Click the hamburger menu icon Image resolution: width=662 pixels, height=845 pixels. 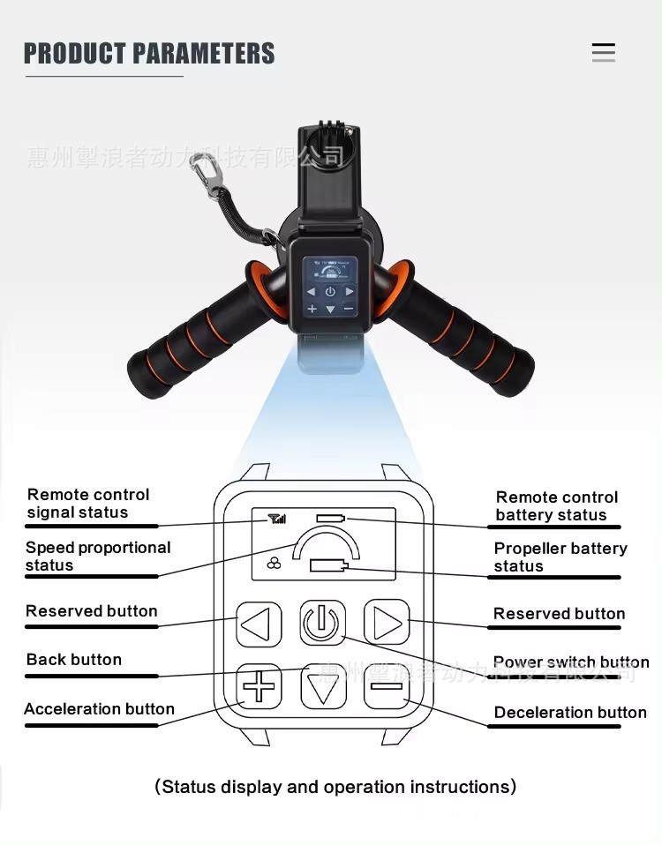[604, 53]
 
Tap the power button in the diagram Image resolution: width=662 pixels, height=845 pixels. [322, 624]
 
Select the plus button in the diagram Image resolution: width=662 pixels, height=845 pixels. [259, 686]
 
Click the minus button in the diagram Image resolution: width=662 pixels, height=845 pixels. [387, 686]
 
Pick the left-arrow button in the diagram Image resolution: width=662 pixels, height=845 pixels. [258, 624]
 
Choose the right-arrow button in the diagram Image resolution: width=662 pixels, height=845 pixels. [387, 624]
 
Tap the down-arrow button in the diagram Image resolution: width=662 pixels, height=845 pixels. [323, 686]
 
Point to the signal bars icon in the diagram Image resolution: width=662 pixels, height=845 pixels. [277, 519]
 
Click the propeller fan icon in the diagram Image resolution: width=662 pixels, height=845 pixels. [274, 563]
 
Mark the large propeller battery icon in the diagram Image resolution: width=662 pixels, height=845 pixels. [335, 565]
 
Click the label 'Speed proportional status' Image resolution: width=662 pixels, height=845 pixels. [97, 557]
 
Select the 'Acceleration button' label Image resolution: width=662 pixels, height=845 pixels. [99, 709]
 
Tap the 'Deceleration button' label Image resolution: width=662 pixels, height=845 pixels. [570, 713]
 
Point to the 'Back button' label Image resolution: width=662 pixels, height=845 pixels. [74, 660]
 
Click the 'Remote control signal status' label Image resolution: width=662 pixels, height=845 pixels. [88, 504]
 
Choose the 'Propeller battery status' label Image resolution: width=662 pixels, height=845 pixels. [560, 557]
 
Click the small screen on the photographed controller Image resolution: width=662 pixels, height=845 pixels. [329, 288]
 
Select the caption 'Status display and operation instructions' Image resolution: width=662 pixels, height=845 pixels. [335, 787]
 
